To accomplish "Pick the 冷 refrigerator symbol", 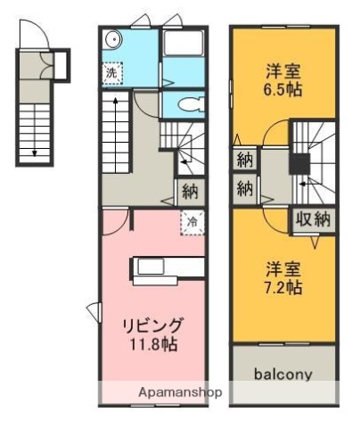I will click(191, 219).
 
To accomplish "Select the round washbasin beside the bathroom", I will click(110, 39).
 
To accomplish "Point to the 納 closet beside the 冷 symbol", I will click(190, 189).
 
